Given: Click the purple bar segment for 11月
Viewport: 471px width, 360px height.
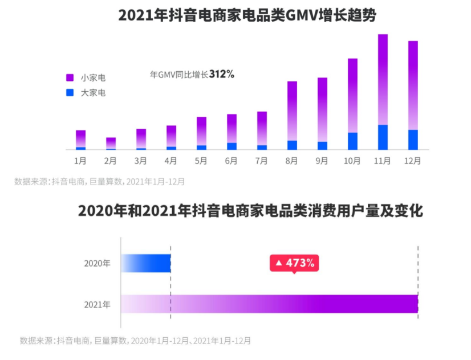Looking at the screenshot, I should tap(383, 79).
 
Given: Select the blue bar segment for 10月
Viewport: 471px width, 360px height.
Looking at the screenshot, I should tap(352, 141).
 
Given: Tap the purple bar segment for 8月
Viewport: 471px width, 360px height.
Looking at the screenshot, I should tap(292, 111).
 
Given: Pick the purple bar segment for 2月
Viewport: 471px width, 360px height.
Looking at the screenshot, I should tap(111, 142).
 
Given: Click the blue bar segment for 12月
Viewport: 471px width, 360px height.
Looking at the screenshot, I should tap(413, 140).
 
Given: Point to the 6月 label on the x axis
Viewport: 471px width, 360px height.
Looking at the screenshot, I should tap(232, 161).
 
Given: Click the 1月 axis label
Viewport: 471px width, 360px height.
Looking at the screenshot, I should tap(80, 161).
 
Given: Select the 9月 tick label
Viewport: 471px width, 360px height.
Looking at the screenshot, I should tap(322, 161).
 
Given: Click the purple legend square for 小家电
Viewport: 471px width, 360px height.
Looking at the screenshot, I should tap(70, 77).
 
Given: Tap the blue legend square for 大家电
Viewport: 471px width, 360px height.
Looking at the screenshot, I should tap(70, 92).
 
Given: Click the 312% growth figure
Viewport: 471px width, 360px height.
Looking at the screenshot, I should tap(221, 74).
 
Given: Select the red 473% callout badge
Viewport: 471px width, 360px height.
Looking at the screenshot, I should tap(294, 263).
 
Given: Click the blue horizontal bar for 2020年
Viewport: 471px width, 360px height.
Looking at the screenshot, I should tap(146, 263).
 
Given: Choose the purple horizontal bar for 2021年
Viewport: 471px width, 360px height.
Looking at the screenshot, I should tap(269, 304).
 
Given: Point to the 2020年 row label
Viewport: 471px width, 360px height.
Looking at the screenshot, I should tap(97, 263).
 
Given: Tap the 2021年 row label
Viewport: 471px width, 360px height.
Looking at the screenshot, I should tap(97, 305).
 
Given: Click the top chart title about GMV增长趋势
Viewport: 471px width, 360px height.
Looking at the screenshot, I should tap(247, 15).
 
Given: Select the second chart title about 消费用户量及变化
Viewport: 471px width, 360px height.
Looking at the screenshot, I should tap(250, 211).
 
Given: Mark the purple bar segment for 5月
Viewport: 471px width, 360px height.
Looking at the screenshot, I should tap(201, 131).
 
